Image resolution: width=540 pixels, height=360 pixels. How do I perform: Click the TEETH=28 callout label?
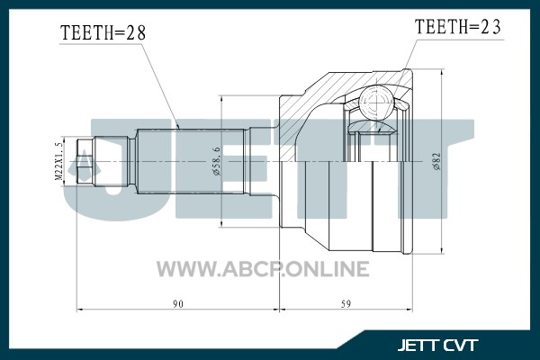[x=103, y=32]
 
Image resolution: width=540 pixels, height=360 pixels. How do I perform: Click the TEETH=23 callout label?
[x=458, y=26]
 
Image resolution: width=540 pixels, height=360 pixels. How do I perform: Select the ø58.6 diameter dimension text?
[x=216, y=161]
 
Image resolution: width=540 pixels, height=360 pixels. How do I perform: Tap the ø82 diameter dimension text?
[x=436, y=162]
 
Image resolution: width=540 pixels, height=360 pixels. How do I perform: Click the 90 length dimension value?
[x=178, y=304]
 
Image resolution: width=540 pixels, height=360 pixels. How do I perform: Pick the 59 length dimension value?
[x=346, y=304]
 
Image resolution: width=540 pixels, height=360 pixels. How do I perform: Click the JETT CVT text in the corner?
[x=437, y=346]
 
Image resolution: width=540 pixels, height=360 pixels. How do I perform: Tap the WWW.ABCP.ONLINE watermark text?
[x=263, y=269]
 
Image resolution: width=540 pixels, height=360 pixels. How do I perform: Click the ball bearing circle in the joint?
[x=376, y=102]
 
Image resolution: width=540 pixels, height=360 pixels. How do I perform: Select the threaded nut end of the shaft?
[x=85, y=162]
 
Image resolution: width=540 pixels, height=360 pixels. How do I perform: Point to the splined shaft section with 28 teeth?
[x=192, y=162]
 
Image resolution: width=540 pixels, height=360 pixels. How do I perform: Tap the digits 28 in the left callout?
[x=135, y=32]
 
